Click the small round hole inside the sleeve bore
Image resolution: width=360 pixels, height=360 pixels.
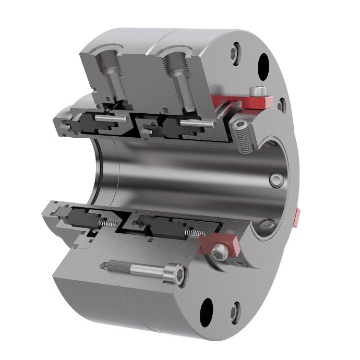(275, 179)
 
